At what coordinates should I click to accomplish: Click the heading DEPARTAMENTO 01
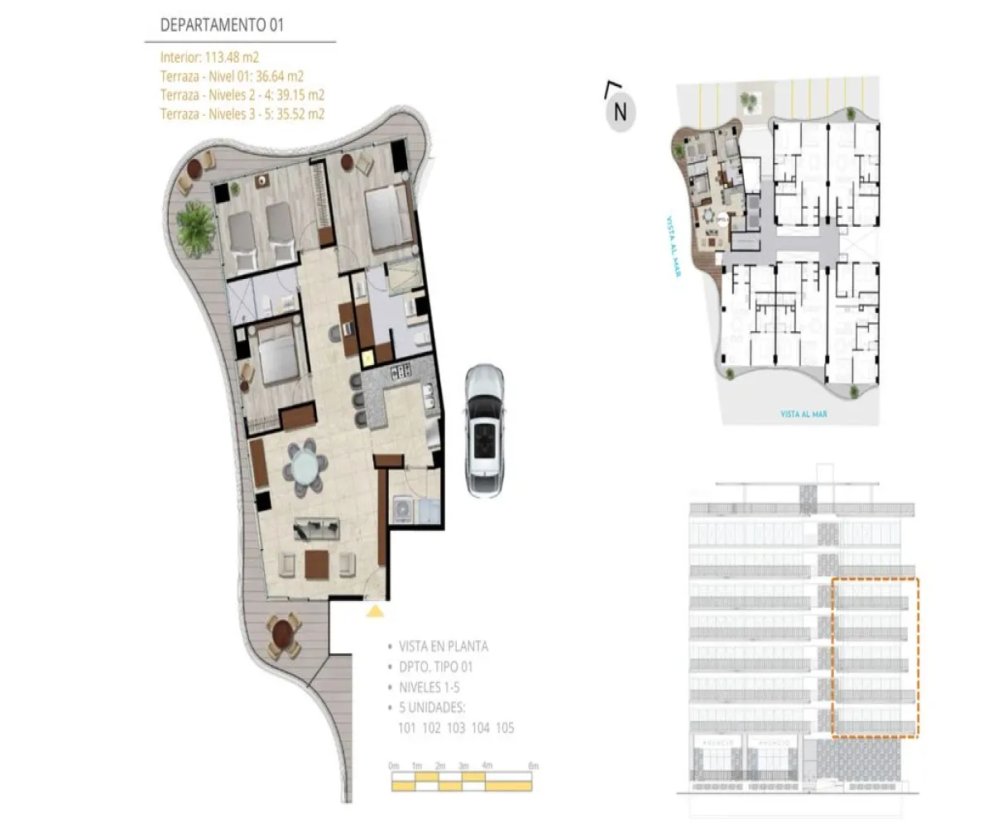pos(222,25)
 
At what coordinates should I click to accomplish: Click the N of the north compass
pos(620,111)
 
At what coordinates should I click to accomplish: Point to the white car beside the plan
pos(485,431)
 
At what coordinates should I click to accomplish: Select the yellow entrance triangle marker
pos(375,611)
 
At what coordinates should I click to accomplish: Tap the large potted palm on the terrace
pos(195,221)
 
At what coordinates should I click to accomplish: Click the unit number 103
pos(454,729)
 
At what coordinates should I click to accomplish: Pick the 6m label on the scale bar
pos(533,766)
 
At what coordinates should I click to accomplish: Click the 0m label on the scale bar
pos(394,766)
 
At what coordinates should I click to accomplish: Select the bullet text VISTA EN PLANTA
pos(444,647)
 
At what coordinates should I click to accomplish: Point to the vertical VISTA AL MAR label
pos(672,248)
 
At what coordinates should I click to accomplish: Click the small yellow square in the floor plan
pos(368,357)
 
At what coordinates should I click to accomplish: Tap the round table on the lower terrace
pos(283,633)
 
